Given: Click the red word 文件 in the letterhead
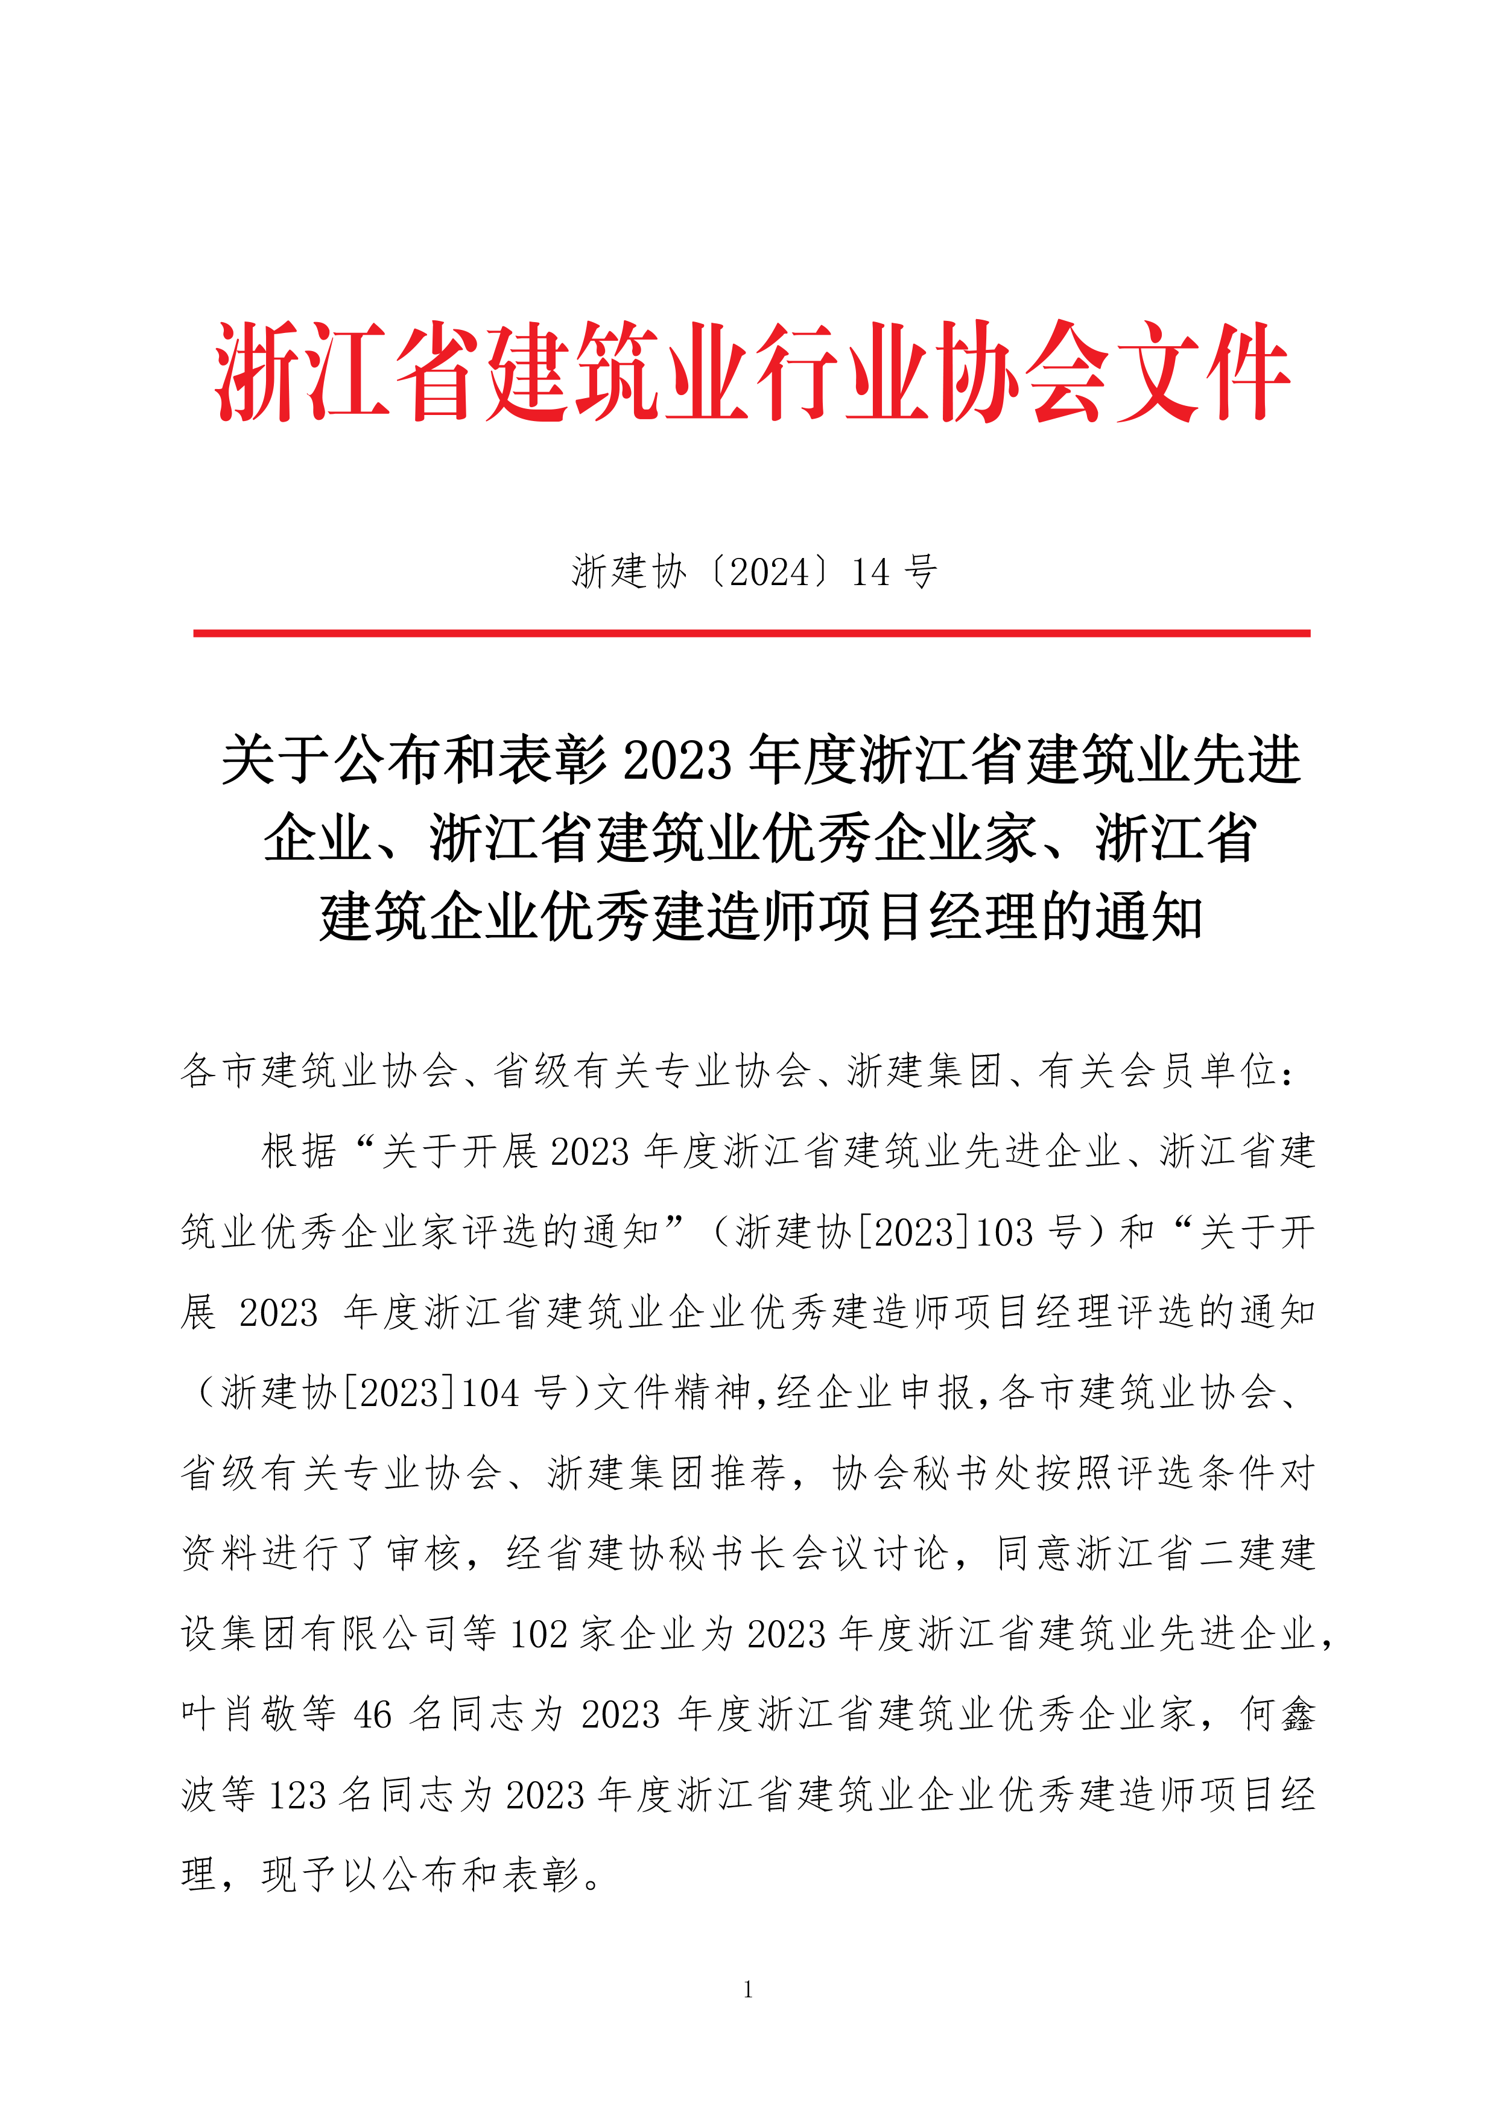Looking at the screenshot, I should click(1203, 373).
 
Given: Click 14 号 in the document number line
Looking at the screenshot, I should click(893, 572).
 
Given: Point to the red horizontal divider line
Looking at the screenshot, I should click(751, 633).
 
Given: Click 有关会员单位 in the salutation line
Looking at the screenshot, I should click(1157, 1071).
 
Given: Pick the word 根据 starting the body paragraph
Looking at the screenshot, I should click(300, 1152).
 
